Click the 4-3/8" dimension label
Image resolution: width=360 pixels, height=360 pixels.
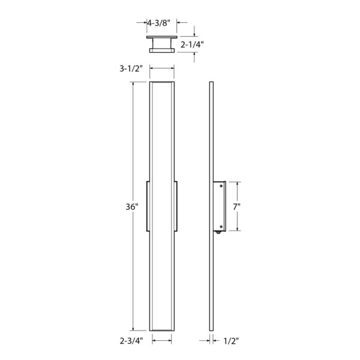tap(158, 23)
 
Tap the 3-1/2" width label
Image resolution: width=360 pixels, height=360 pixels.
tap(130, 69)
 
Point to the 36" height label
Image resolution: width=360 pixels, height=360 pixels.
tap(133, 206)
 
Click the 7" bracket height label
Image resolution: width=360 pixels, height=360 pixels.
tap(237, 206)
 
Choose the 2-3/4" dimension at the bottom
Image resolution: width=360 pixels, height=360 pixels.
tap(130, 340)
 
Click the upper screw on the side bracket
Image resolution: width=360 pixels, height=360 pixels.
tap(222, 186)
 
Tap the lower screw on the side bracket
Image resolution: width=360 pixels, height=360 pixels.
tap(222, 226)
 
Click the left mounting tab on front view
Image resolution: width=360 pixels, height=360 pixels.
tap(148, 205)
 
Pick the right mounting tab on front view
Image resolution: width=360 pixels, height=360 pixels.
tap(177, 205)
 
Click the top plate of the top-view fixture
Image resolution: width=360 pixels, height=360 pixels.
tap(163, 37)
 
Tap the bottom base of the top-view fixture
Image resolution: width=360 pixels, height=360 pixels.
tap(163, 51)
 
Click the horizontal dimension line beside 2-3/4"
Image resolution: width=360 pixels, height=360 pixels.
tap(163, 340)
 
